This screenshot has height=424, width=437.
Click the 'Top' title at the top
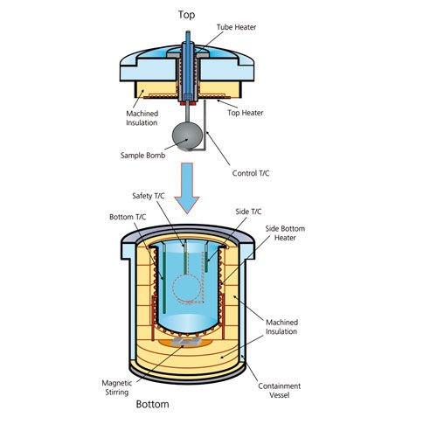(x=186, y=15)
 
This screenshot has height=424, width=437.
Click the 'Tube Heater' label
(x=236, y=27)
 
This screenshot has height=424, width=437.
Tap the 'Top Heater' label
(x=246, y=113)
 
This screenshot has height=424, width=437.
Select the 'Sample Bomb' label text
(x=142, y=155)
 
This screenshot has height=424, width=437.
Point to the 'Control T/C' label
(x=251, y=173)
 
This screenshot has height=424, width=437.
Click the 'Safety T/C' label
(x=148, y=196)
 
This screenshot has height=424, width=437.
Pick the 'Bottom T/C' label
(x=128, y=217)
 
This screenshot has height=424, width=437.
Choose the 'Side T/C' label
(x=248, y=212)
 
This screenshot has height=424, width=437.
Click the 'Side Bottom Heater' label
(x=285, y=233)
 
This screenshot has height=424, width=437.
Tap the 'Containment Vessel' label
(x=279, y=391)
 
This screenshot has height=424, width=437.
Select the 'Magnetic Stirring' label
(x=117, y=387)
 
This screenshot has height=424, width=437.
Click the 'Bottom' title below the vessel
(x=152, y=404)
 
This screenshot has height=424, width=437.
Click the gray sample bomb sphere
(x=187, y=136)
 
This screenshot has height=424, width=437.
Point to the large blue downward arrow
(x=187, y=188)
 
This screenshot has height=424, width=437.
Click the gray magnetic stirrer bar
(x=186, y=342)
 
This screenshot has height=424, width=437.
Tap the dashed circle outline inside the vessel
(x=172, y=288)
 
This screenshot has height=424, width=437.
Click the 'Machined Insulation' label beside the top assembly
(x=142, y=118)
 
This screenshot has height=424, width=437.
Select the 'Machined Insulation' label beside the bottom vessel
(x=281, y=327)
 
